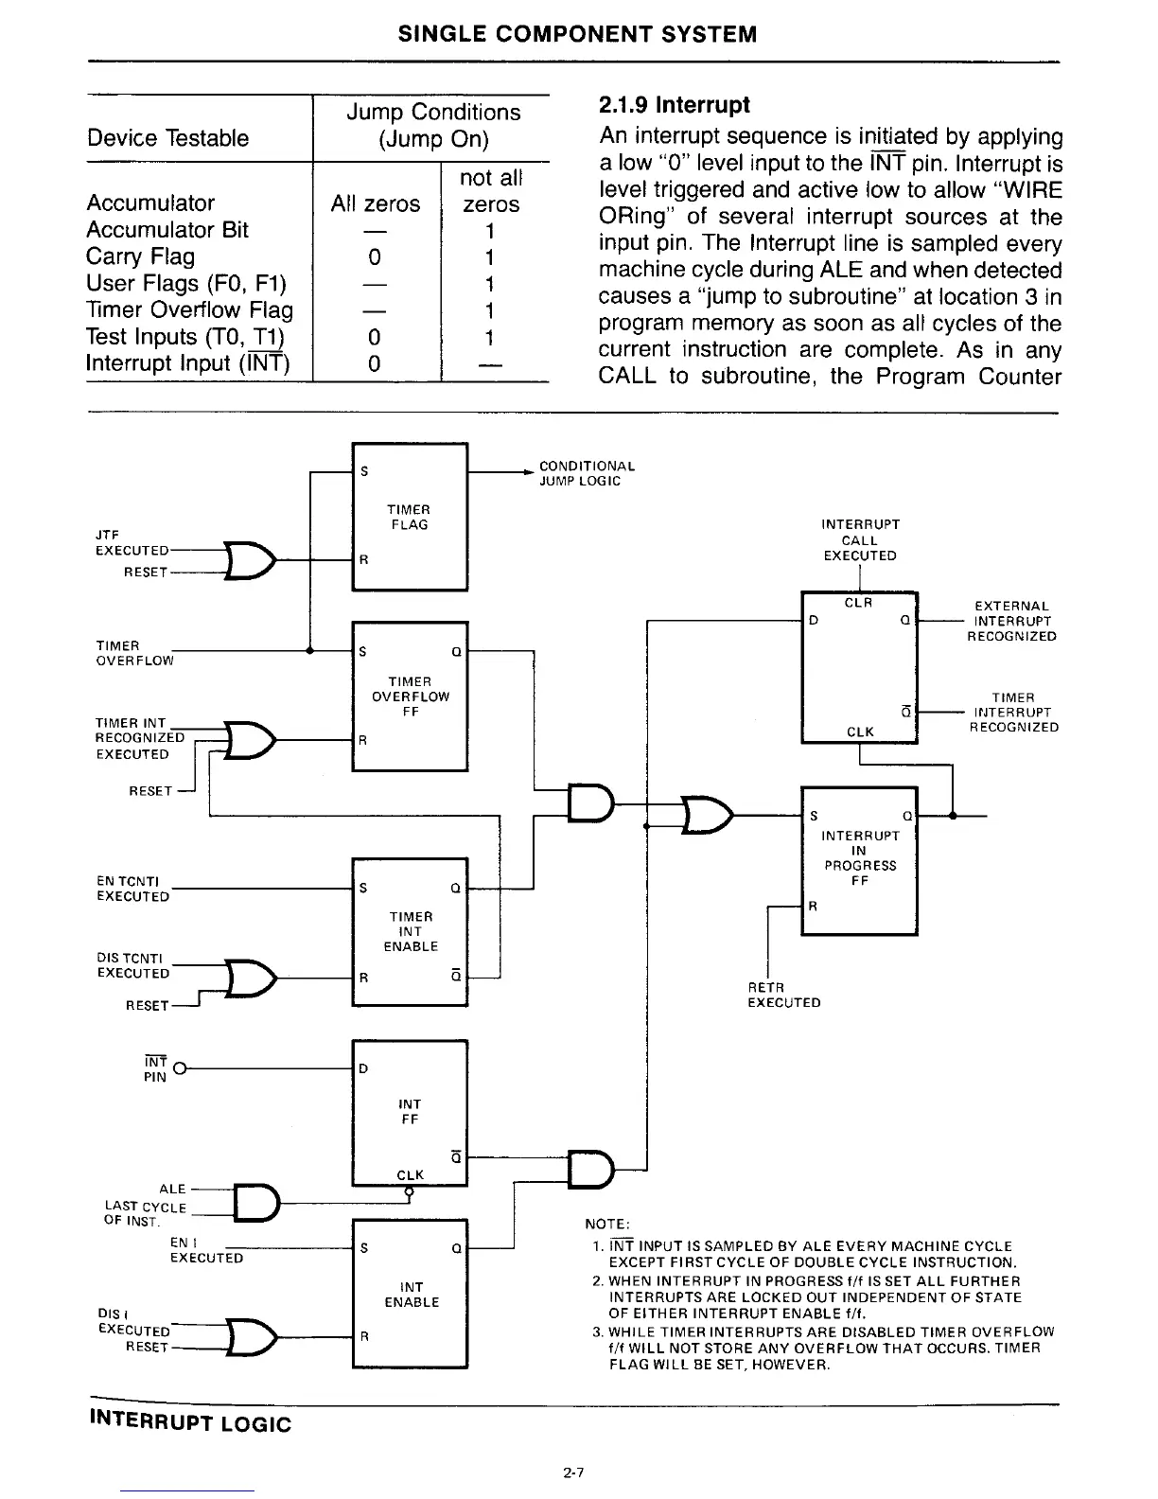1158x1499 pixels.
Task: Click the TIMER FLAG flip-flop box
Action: click(409, 517)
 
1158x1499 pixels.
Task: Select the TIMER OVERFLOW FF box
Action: click(409, 697)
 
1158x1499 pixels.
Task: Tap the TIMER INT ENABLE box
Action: click(409, 932)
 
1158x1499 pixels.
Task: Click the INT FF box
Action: click(409, 1112)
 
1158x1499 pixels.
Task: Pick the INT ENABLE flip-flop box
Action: click(409, 1294)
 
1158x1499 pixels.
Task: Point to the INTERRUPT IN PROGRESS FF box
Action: click(859, 859)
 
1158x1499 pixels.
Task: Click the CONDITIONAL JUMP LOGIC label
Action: click(587, 473)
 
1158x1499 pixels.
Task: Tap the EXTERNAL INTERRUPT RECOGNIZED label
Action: click(1011, 621)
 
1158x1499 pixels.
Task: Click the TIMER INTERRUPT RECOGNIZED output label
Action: click(1012, 713)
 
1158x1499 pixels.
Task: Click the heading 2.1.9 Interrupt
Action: click(675, 104)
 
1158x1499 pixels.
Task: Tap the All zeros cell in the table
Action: click(375, 203)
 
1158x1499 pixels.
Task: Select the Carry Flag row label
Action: click(141, 256)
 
